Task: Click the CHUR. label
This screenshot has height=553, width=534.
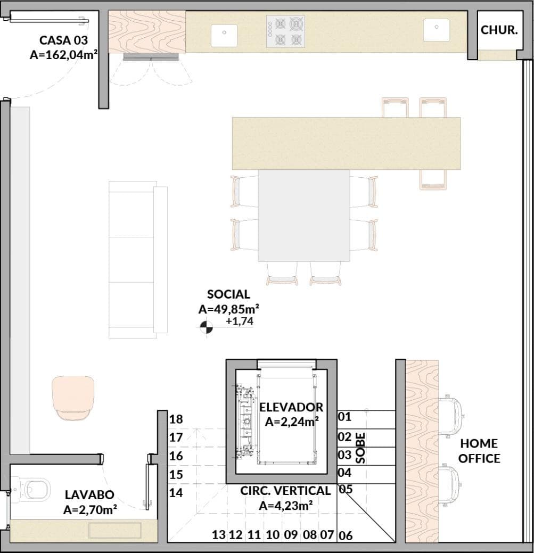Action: [499, 30]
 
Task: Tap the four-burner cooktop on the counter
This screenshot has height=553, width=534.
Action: [285, 31]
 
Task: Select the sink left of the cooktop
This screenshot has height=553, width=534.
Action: [224, 36]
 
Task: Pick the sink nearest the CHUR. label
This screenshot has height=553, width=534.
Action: [437, 30]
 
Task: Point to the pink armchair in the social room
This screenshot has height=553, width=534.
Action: [73, 398]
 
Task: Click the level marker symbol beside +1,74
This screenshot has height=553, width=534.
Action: [207, 327]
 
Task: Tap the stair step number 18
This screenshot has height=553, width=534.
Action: [176, 419]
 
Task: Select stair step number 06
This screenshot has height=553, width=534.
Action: [346, 536]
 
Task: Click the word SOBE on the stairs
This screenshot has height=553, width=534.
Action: [360, 448]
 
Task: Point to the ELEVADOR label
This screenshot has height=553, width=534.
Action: [291, 407]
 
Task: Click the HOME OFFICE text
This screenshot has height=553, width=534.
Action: [479, 451]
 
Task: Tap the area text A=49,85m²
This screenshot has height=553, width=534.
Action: [229, 309]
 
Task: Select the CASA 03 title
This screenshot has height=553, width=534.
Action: [63, 40]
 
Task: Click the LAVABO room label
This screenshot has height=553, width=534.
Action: [89, 494]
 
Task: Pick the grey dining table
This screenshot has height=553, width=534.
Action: [304, 216]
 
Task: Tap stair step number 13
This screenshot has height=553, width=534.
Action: [219, 535]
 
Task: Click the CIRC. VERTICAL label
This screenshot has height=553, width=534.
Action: [286, 491]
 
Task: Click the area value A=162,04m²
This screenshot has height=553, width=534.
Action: [63, 55]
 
